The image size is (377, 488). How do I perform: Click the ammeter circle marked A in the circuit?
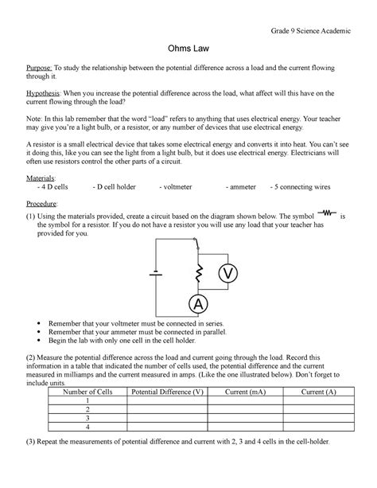[x=193, y=304]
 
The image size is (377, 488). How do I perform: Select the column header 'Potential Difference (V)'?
[x=167, y=392]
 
